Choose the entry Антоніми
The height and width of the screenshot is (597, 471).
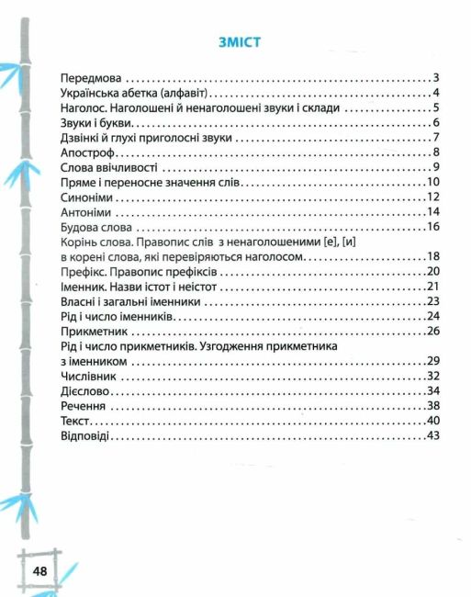click(x=84, y=212)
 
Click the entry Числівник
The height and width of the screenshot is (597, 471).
click(x=87, y=376)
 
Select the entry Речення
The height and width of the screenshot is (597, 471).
click(x=82, y=405)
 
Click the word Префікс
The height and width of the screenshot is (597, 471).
click(x=83, y=272)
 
